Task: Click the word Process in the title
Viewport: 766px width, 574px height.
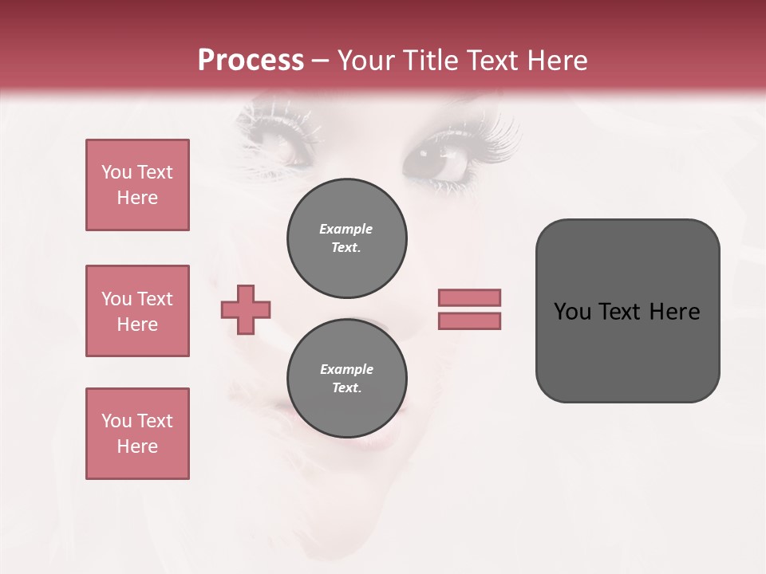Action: click(251, 61)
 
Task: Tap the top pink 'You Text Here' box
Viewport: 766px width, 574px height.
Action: click(137, 185)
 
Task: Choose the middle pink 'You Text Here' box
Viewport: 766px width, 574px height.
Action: click(137, 311)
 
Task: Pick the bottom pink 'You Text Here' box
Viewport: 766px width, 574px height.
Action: click(137, 434)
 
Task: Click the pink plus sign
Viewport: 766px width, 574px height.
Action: click(246, 309)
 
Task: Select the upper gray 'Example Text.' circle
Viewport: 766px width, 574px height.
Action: click(347, 238)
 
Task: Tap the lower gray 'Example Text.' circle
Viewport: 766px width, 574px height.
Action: click(347, 378)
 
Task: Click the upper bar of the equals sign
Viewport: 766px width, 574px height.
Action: click(469, 297)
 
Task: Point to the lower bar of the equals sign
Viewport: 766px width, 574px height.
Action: click(469, 320)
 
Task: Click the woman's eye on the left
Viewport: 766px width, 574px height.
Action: click(275, 142)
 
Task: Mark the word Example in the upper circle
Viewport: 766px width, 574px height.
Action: click(345, 229)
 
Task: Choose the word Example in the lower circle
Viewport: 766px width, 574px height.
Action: click(346, 369)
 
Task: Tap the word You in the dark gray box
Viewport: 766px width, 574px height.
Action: click(572, 312)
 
